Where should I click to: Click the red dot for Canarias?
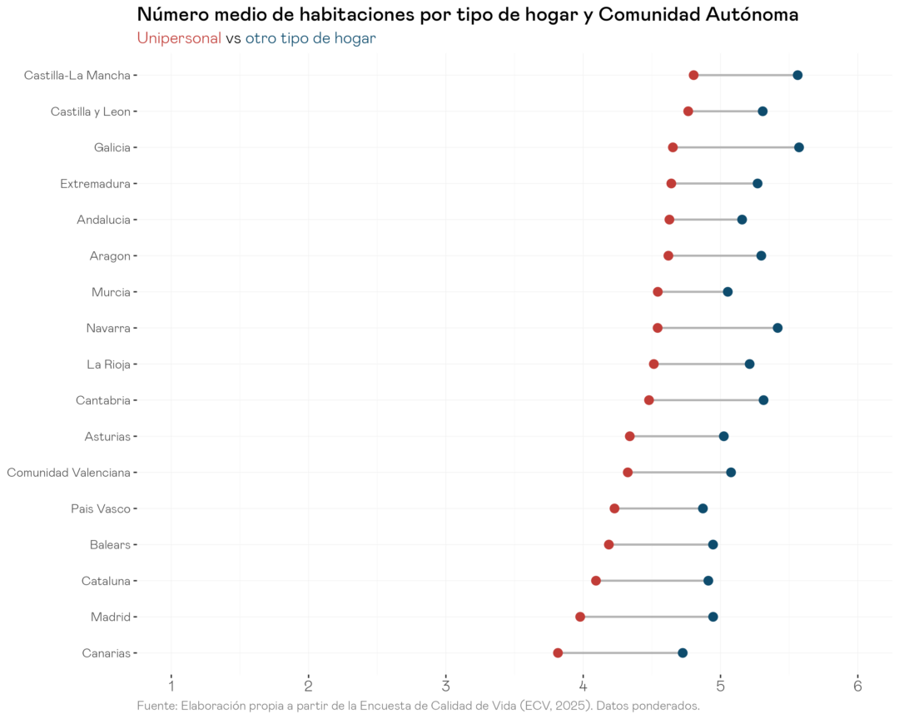point(558,653)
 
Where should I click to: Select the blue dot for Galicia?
point(799,147)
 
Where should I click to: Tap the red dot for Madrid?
point(580,617)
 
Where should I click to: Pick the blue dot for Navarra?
point(777,328)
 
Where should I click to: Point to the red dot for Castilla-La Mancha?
point(693,76)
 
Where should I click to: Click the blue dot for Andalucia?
point(742,220)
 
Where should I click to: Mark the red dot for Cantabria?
point(649,400)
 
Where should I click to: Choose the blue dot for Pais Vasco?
point(703,508)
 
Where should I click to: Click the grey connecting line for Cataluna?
point(652,581)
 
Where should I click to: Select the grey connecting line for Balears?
point(661,545)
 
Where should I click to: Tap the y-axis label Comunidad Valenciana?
point(68,473)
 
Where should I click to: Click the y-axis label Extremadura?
point(95,184)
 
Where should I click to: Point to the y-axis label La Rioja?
point(108,364)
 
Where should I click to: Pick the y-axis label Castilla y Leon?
point(90,112)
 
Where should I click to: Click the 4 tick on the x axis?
point(583,685)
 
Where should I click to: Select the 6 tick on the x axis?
point(857,685)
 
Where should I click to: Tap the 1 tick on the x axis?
point(171,685)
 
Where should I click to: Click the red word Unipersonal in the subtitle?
point(179,38)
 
